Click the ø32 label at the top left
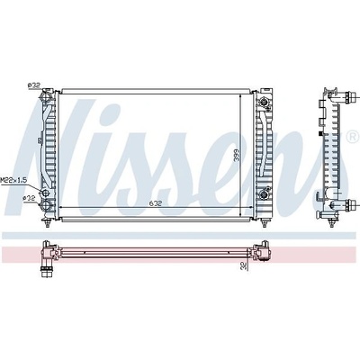[x=33, y=85]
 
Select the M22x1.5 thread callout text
[x=14, y=180]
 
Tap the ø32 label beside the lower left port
[x=30, y=198]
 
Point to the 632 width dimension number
[x=156, y=203]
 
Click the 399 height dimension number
[x=237, y=156]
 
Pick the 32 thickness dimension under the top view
[x=244, y=265]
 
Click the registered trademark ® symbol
[x=351, y=137]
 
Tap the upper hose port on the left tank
[x=45, y=96]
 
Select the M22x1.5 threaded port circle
[x=45, y=193]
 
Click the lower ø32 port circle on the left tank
[x=46, y=205]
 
